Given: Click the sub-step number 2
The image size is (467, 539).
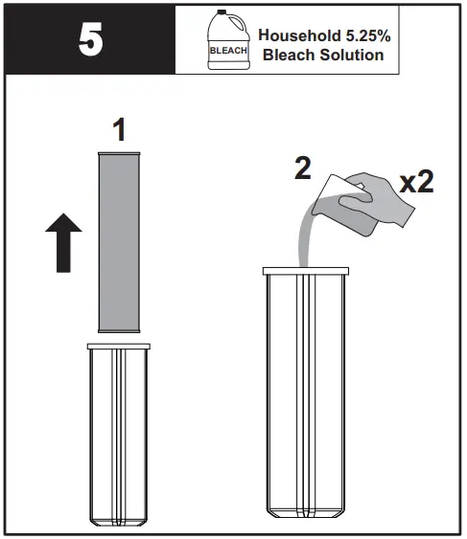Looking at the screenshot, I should point(303,169).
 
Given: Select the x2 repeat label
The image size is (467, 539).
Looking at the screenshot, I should point(416,181).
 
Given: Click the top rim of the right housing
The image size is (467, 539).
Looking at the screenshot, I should point(304,272).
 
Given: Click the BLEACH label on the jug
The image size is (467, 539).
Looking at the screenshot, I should point(227,50).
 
